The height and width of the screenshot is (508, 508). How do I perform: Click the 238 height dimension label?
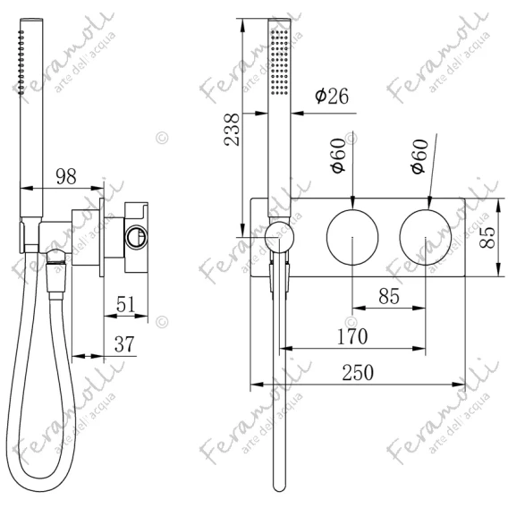pyautogui.click(x=232, y=130)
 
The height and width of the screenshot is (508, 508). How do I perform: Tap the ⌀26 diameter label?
pyautogui.click(x=332, y=96)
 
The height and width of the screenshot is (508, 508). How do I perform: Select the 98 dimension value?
pyautogui.click(x=66, y=176)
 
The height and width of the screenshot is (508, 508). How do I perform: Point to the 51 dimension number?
pyautogui.click(x=125, y=304)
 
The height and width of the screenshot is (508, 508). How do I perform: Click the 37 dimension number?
pyautogui.click(x=124, y=344)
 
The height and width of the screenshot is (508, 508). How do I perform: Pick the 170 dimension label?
pyautogui.click(x=352, y=336)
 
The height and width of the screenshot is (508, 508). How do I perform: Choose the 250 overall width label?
pyautogui.click(x=358, y=373)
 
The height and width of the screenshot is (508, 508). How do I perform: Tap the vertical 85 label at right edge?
pyautogui.click(x=487, y=238)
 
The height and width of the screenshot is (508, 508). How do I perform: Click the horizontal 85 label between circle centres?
pyautogui.click(x=389, y=296)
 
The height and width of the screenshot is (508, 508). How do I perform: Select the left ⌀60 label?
pyautogui.click(x=338, y=156)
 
